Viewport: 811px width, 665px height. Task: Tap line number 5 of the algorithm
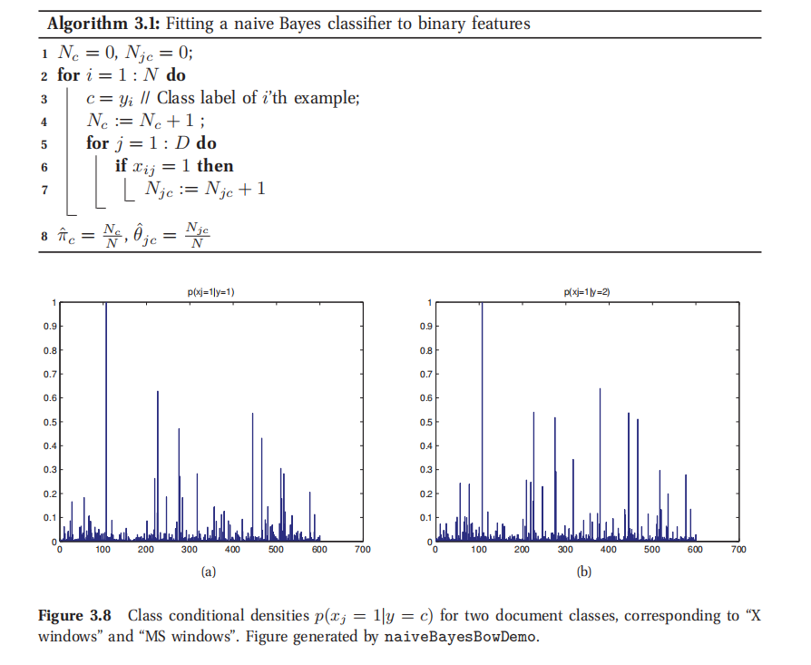(x=43, y=143)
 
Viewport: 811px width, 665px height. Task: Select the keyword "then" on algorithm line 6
(x=215, y=166)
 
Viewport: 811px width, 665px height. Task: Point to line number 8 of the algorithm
(x=43, y=234)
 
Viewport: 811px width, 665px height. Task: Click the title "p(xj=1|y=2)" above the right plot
(x=589, y=291)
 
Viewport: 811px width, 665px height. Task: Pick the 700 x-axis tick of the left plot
(x=362, y=550)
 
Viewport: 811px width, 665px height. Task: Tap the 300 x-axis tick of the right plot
(x=565, y=550)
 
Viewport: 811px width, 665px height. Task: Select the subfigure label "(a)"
(x=210, y=572)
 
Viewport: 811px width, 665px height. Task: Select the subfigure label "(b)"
(x=585, y=572)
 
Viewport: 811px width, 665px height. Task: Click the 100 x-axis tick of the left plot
(x=103, y=550)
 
